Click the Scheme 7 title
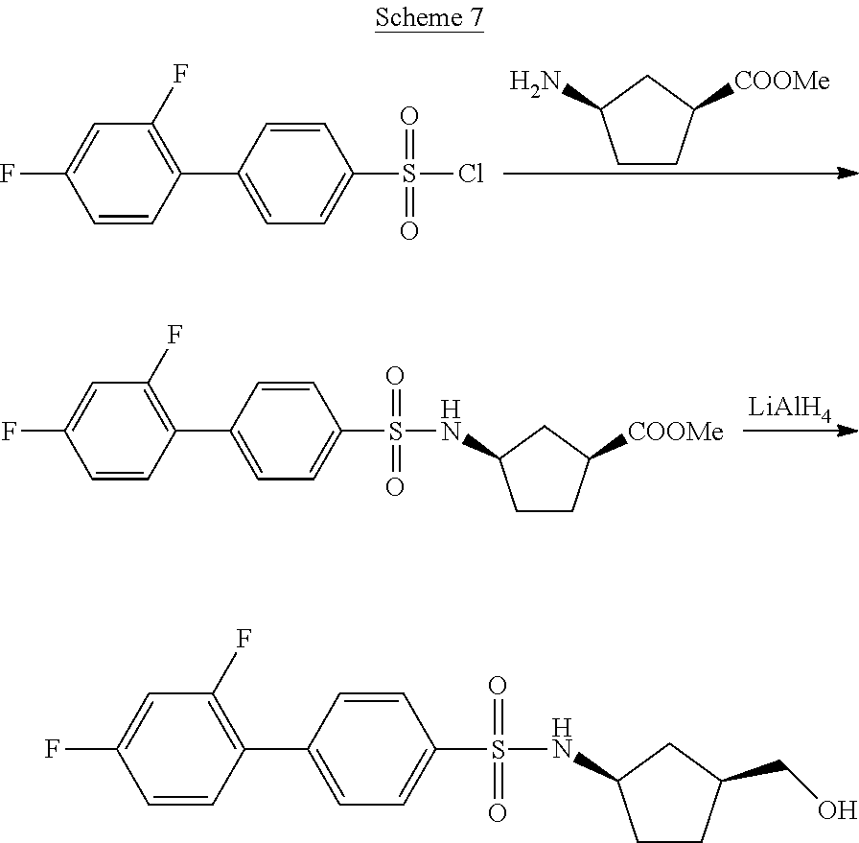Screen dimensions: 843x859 click(x=429, y=18)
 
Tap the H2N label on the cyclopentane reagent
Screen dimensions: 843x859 click(x=534, y=84)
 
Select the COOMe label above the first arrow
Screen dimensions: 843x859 click(x=781, y=82)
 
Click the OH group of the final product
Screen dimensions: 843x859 click(x=837, y=810)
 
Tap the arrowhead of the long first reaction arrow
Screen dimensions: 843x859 click(x=847, y=174)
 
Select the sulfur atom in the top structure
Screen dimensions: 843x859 click(x=409, y=175)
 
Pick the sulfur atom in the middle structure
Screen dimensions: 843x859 click(x=394, y=433)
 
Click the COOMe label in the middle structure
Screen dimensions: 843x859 click(x=675, y=433)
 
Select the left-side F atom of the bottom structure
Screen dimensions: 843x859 click(x=54, y=750)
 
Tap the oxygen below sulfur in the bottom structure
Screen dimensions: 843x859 click(x=497, y=813)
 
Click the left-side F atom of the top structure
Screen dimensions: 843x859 click(x=8, y=175)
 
